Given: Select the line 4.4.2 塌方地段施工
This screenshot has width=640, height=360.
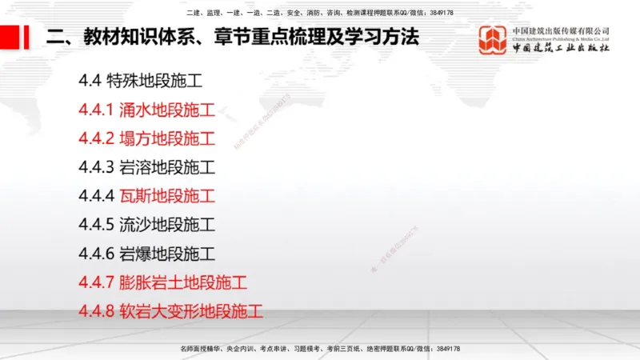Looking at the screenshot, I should click(x=147, y=138).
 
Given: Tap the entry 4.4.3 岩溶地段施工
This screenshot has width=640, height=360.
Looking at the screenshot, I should click(x=147, y=167).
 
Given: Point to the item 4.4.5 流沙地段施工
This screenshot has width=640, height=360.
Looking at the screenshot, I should click(x=147, y=225).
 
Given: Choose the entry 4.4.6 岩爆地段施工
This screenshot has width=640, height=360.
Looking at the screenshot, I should click(x=147, y=254).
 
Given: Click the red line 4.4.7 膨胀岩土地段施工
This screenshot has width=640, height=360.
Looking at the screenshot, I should click(x=163, y=282).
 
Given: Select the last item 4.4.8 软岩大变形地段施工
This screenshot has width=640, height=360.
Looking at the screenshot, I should click(x=171, y=311).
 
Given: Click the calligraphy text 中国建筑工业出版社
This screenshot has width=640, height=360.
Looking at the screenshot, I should click(x=561, y=48).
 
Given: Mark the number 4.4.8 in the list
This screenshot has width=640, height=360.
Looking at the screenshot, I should click(x=97, y=311).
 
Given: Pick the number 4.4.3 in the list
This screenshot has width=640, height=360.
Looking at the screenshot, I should click(x=97, y=167).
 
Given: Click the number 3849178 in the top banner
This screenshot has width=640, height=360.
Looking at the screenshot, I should click(x=440, y=13).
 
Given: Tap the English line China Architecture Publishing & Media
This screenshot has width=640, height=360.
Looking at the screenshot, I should click(x=561, y=38).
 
